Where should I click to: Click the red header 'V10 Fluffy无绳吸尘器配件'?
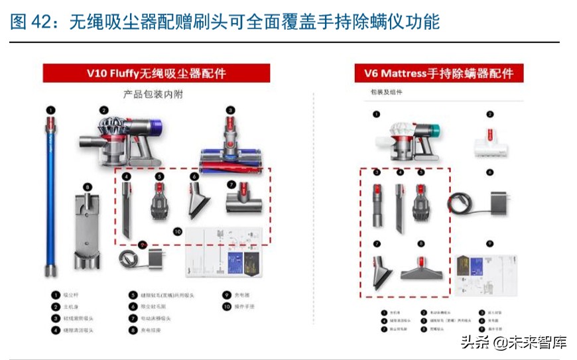pos(157,73)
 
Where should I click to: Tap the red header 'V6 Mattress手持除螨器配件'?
pos(438,73)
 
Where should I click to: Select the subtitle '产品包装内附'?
pos(153,94)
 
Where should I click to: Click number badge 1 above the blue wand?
pos(50,110)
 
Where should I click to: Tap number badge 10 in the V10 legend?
pos(226,306)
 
